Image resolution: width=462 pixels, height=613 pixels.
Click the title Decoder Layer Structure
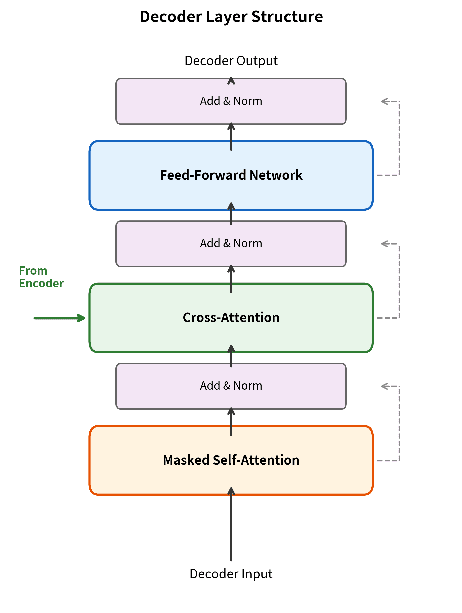pyautogui.click(x=231, y=17)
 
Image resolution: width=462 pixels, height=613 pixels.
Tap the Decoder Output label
pyautogui.click(x=231, y=61)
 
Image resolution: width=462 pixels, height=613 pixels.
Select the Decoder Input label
pyautogui.click(x=231, y=574)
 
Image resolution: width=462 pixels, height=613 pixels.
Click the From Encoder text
pyautogui.click(x=41, y=277)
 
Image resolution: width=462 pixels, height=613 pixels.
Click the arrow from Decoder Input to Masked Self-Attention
pyautogui.click(x=231, y=525)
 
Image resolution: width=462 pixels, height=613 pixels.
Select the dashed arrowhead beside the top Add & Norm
pyautogui.click(x=384, y=101)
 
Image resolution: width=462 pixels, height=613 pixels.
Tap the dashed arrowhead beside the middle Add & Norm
pyautogui.click(x=384, y=244)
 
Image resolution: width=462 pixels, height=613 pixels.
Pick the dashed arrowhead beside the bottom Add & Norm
pyautogui.click(x=384, y=386)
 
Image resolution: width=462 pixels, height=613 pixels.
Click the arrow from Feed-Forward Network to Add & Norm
pyautogui.click(x=231, y=137)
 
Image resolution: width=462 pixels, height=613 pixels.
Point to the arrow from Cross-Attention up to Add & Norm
pyautogui.click(x=231, y=279)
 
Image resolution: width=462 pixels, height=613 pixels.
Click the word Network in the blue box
pyautogui.click(x=276, y=175)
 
